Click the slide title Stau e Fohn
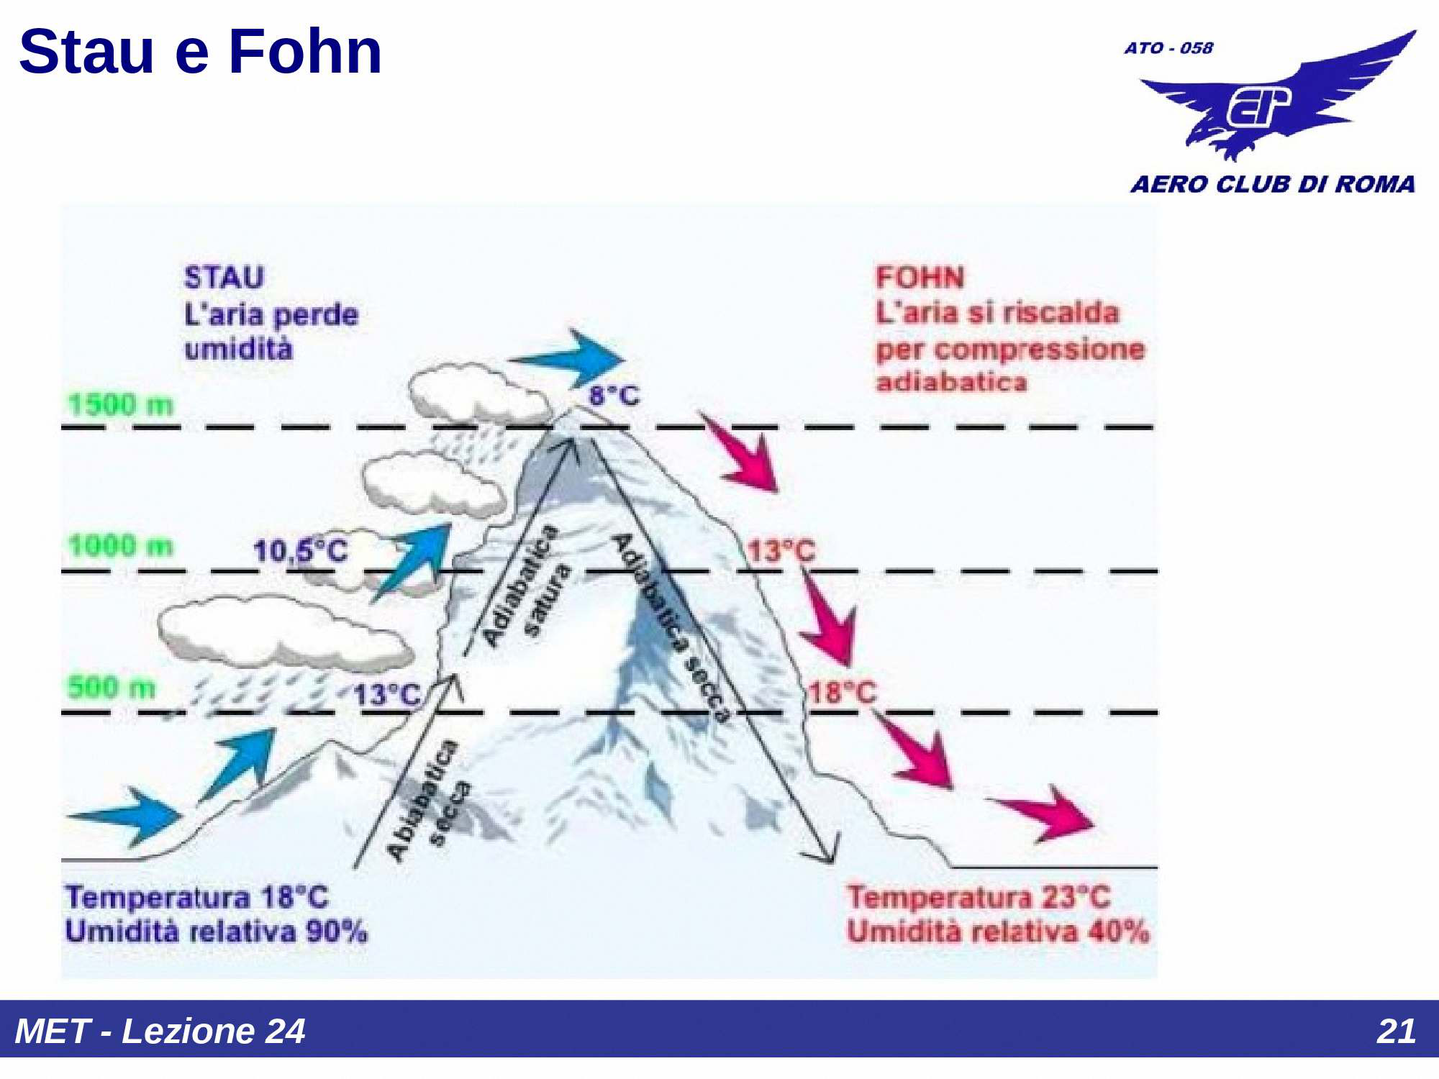200,52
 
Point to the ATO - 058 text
1168,48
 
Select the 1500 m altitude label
121,405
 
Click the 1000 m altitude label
121,546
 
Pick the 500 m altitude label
112,687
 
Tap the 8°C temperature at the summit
614,395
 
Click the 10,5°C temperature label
301,551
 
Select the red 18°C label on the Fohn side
843,693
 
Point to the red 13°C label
782,551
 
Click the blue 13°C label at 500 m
387,695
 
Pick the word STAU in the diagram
224,278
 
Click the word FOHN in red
920,278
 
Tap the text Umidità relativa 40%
997,932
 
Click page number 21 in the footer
1396,1031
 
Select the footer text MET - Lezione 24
160,1031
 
